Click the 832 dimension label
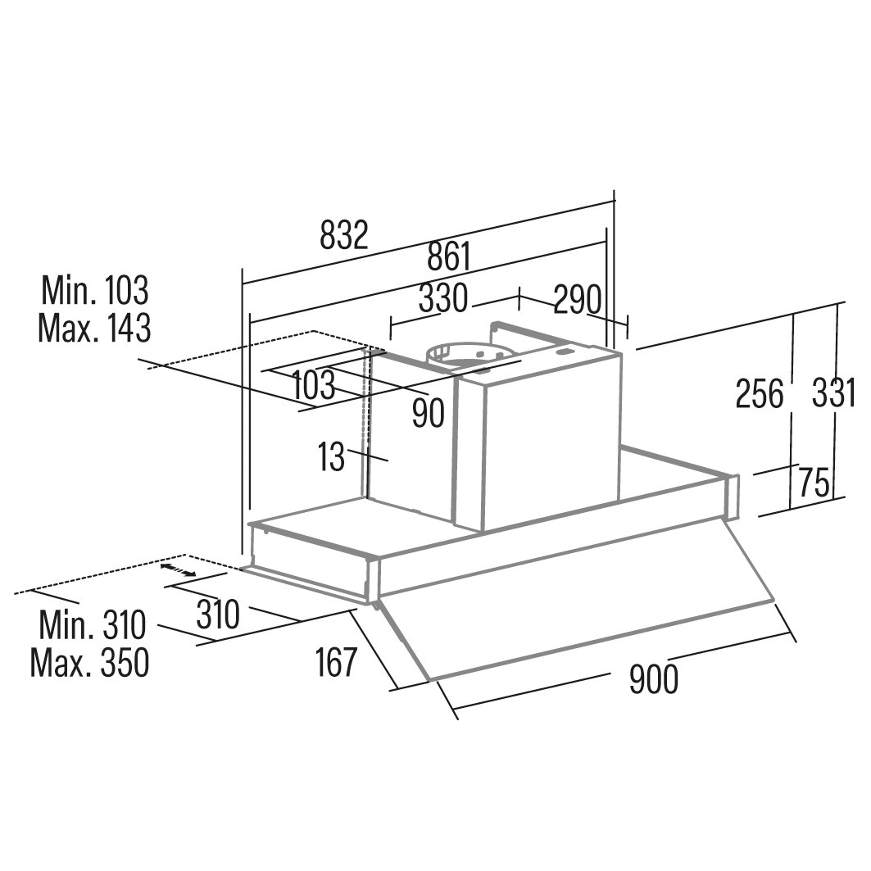click(344, 236)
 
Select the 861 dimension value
click(449, 257)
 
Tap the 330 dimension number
click(442, 299)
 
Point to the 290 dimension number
click(578, 301)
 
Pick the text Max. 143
click(94, 328)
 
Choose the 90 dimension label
click(428, 414)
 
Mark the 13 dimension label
click(332, 457)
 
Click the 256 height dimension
click(760, 394)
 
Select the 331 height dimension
click(833, 394)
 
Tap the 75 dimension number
click(814, 483)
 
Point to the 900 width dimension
click(654, 679)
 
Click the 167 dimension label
click(337, 662)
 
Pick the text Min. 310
click(92, 625)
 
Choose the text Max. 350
click(90, 663)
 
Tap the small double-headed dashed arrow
click(178, 569)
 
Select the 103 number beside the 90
click(313, 384)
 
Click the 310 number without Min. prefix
click(217, 614)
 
